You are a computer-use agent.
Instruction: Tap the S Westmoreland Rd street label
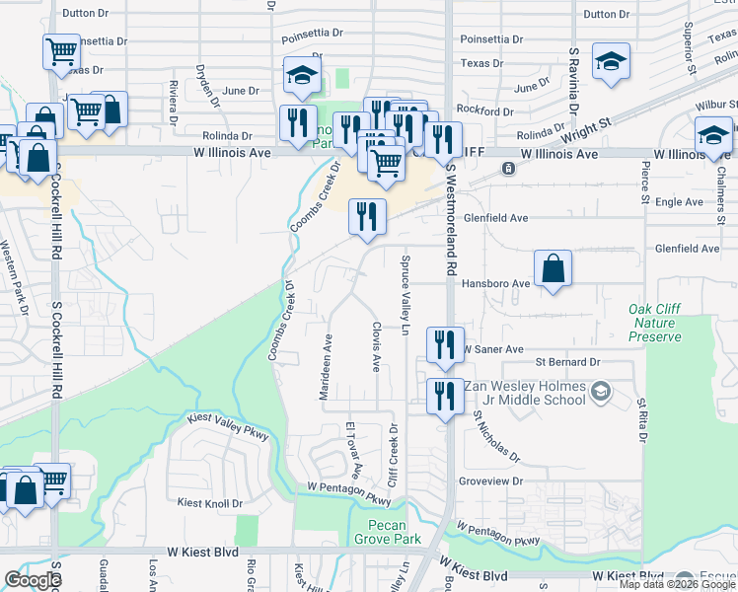[451, 220]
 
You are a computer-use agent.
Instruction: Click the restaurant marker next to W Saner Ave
[444, 344]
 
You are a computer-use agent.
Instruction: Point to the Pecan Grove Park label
[394, 532]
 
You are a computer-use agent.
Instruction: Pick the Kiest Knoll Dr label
[209, 503]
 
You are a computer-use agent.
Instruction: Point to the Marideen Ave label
[327, 366]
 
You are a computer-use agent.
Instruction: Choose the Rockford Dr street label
[485, 111]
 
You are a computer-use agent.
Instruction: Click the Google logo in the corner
[33, 580]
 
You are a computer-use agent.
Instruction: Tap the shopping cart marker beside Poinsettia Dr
[61, 50]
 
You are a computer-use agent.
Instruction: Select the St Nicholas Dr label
[495, 437]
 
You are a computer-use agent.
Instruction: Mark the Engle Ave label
[680, 202]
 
